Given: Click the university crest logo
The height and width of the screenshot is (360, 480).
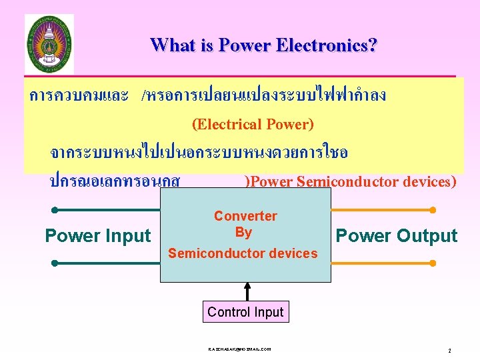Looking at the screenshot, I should click(x=49, y=44).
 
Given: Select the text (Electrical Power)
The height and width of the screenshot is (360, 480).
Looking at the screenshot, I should click(x=253, y=124).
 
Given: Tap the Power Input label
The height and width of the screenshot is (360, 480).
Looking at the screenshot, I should click(x=98, y=236).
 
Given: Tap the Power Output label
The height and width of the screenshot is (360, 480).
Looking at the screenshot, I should click(x=396, y=236).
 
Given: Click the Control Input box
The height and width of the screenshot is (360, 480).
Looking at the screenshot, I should click(x=245, y=312).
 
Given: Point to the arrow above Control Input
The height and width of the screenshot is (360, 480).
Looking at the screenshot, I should click(x=247, y=291).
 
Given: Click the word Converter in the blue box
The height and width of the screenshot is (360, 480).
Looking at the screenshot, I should click(x=245, y=216).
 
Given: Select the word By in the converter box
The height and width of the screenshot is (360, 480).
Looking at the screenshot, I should click(x=243, y=232).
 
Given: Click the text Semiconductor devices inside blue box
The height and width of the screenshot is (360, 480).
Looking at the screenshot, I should click(x=243, y=253).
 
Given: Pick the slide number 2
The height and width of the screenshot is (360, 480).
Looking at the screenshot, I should click(x=449, y=351).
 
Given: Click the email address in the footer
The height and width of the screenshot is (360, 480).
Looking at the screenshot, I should click(x=239, y=349).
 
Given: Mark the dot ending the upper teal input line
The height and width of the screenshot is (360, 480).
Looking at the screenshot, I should click(x=55, y=210).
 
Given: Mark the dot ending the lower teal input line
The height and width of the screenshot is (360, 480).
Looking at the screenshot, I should click(x=55, y=263).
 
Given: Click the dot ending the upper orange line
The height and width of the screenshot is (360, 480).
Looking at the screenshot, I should click(x=433, y=210).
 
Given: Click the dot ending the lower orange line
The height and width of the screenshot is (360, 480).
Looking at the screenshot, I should click(x=433, y=263).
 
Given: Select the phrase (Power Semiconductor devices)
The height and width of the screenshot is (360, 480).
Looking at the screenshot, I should click(x=351, y=181).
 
